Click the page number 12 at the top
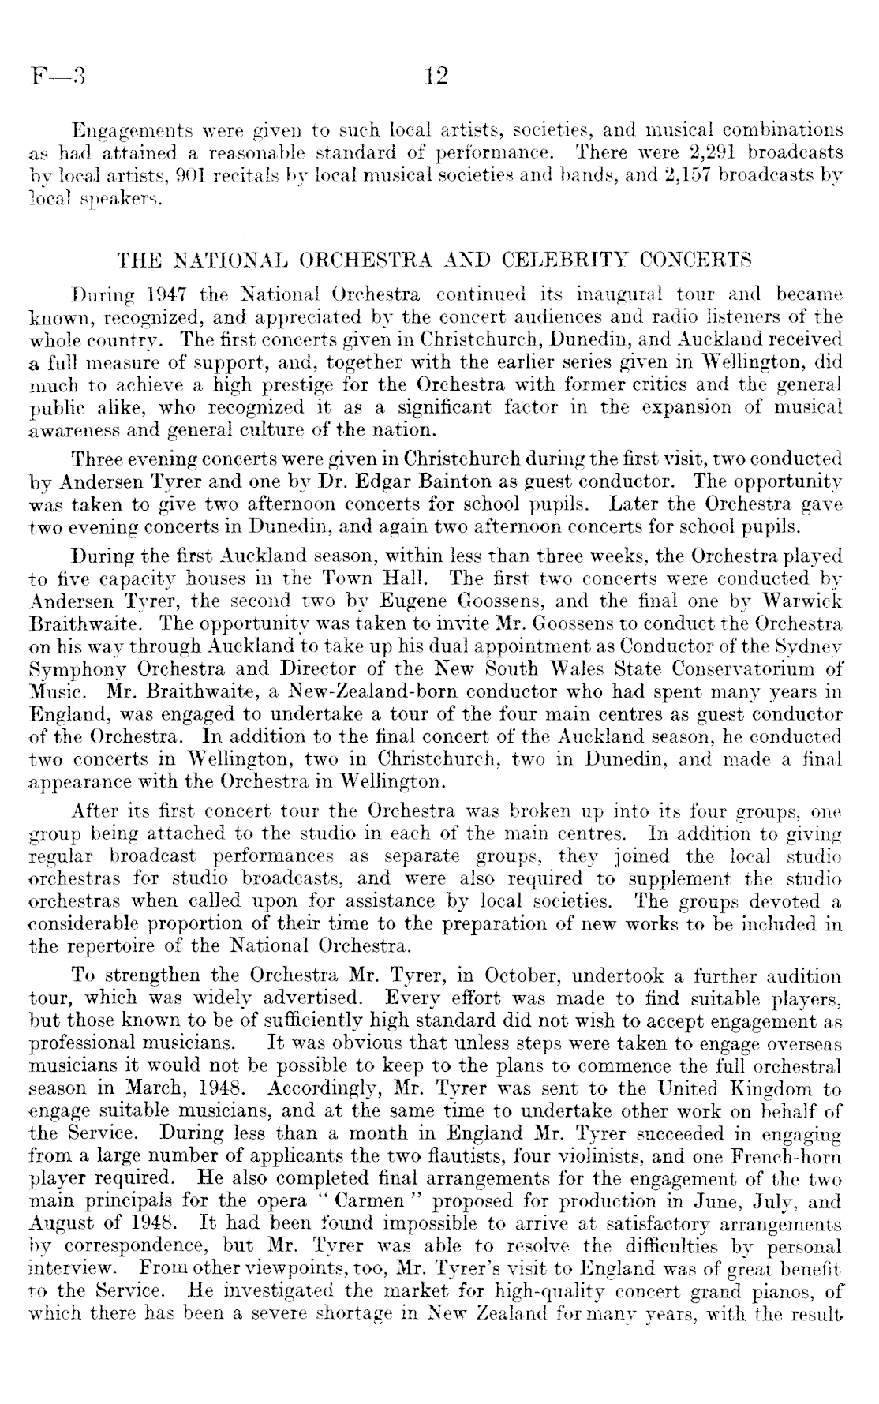tap(436, 76)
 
